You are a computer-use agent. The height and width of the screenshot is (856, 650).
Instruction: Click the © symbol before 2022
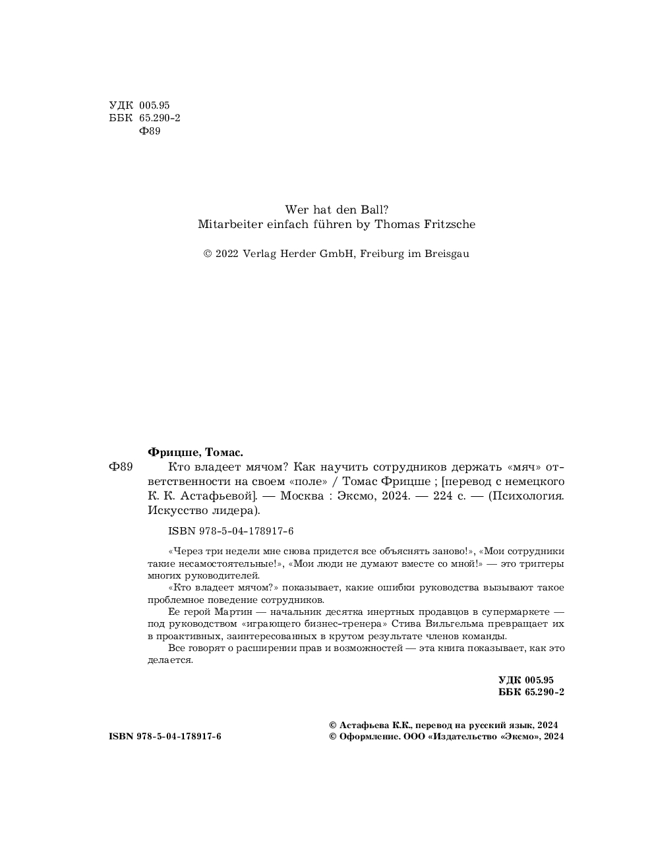208,253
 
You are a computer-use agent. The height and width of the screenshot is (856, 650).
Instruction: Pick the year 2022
228,253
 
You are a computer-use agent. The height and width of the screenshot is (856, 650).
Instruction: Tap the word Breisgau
447,253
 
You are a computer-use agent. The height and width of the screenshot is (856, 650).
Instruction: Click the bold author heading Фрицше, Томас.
196,452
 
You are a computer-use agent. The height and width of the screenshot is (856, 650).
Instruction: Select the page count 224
442,496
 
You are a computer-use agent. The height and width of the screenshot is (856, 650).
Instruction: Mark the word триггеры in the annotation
541,563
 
